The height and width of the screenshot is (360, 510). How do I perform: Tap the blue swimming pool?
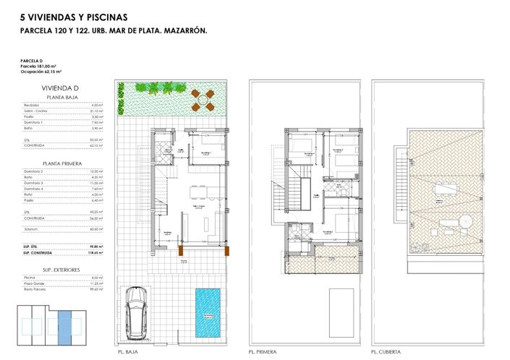(x=209, y=311)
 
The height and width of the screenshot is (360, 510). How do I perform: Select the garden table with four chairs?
(x=203, y=98)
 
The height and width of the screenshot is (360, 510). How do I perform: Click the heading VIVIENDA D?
(x=60, y=87)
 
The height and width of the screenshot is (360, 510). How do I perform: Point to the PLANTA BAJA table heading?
(x=62, y=97)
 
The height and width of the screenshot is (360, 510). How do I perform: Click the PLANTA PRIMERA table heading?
(x=62, y=163)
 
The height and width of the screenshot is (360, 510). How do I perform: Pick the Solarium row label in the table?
(x=32, y=229)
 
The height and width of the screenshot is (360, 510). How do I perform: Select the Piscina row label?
(x=30, y=278)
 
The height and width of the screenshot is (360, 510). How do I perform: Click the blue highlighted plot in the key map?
(x=64, y=327)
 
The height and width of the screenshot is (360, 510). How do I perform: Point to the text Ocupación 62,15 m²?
(x=41, y=73)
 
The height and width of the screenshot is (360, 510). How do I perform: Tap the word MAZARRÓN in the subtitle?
(x=186, y=31)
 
